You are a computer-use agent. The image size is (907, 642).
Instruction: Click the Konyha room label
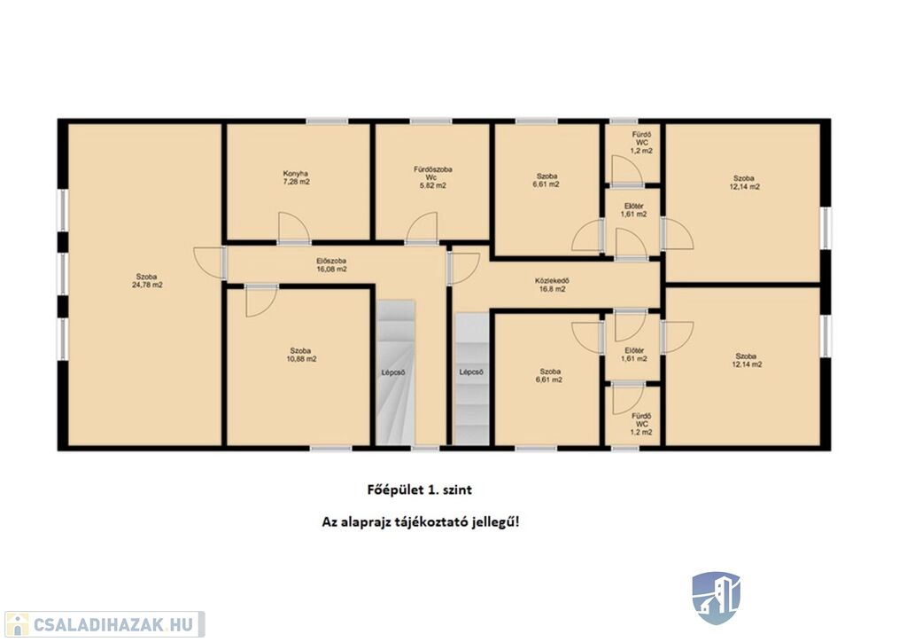click(296, 177)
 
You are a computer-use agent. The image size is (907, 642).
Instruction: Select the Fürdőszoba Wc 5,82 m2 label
click(432, 177)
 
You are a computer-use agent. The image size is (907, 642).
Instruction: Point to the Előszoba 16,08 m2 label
click(331, 264)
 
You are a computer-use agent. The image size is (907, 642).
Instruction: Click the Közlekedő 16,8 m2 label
click(550, 286)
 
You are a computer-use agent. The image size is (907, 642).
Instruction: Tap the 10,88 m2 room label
click(301, 359)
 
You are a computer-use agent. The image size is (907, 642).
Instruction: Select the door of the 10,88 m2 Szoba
click(261, 301)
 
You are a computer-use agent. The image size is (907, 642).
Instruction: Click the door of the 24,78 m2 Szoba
click(209, 262)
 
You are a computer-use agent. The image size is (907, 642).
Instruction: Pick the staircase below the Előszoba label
click(396, 372)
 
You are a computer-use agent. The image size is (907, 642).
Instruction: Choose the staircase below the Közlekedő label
click(471, 380)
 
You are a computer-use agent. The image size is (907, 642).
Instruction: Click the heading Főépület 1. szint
click(420, 489)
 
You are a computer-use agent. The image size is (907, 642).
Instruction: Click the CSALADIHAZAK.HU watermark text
click(113, 624)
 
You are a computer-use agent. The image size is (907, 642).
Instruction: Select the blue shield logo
click(716, 598)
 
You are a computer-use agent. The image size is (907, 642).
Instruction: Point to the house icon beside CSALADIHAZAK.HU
click(17, 624)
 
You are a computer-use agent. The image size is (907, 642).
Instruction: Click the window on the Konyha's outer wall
click(327, 121)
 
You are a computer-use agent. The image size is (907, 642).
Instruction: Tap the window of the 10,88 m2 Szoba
click(331, 448)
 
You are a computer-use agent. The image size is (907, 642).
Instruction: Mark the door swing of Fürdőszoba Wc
click(421, 227)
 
